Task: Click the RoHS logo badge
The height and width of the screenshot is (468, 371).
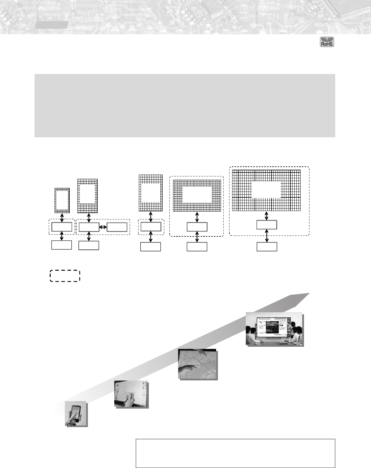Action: (x=327, y=42)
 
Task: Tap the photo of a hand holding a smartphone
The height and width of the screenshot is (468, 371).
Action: (x=76, y=414)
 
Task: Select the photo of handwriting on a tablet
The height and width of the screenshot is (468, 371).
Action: (x=131, y=394)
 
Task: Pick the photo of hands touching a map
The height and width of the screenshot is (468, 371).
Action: (x=198, y=364)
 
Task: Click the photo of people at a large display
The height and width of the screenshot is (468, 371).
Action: (x=275, y=329)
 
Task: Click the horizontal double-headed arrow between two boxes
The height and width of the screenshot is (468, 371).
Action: (x=103, y=227)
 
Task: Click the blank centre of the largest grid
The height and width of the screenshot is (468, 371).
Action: (x=266, y=189)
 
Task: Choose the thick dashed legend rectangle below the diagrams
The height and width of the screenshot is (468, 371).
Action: (x=65, y=276)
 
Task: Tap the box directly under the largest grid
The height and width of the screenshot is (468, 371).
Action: (x=267, y=225)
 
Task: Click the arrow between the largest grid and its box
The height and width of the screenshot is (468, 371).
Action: (x=267, y=216)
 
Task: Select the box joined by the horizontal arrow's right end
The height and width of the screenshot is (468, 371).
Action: (x=117, y=227)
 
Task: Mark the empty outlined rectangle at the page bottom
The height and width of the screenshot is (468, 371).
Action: (x=235, y=453)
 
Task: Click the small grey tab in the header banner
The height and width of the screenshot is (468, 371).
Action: (x=51, y=25)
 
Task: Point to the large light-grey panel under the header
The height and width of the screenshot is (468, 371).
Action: (x=185, y=105)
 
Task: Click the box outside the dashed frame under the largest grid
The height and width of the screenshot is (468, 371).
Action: (x=267, y=247)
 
